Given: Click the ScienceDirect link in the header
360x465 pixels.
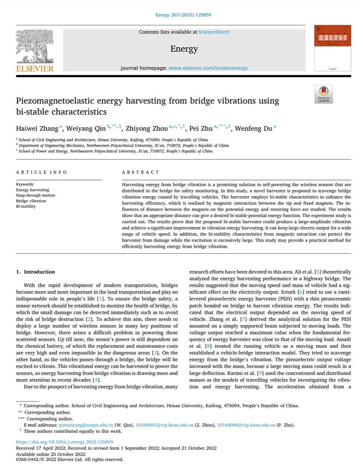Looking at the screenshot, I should [214, 32].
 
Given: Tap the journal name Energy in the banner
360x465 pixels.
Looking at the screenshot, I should [184, 49].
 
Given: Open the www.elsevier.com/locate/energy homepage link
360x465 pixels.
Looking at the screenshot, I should [208, 68].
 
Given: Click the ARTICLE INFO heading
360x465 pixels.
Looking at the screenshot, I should [42, 172].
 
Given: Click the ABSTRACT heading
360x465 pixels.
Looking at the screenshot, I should [141, 172].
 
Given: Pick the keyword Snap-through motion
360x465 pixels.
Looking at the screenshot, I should [35, 195].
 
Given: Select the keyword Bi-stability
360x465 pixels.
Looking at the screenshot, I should [26, 206].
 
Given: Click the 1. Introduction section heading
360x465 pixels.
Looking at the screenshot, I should [35, 272].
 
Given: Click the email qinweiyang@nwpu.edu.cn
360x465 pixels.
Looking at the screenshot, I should [86, 425].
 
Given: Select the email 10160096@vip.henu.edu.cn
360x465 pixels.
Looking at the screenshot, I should [246, 425].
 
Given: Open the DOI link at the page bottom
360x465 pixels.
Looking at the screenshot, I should [65, 442].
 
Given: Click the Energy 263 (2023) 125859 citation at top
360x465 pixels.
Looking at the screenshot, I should [183, 15].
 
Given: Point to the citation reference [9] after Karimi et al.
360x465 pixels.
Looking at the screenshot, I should [261, 373].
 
